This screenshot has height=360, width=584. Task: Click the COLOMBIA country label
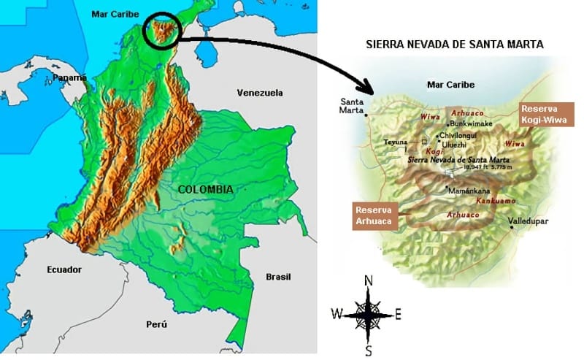(x=205, y=189)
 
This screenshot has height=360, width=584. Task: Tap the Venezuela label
(x=259, y=93)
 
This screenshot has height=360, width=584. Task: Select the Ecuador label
(x=64, y=269)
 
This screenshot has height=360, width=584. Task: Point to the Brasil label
(x=278, y=277)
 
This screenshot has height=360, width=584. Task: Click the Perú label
(x=156, y=324)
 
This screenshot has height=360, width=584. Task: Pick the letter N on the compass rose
(x=369, y=281)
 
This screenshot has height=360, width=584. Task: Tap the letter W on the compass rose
(x=337, y=314)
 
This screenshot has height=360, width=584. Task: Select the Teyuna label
(x=396, y=142)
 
